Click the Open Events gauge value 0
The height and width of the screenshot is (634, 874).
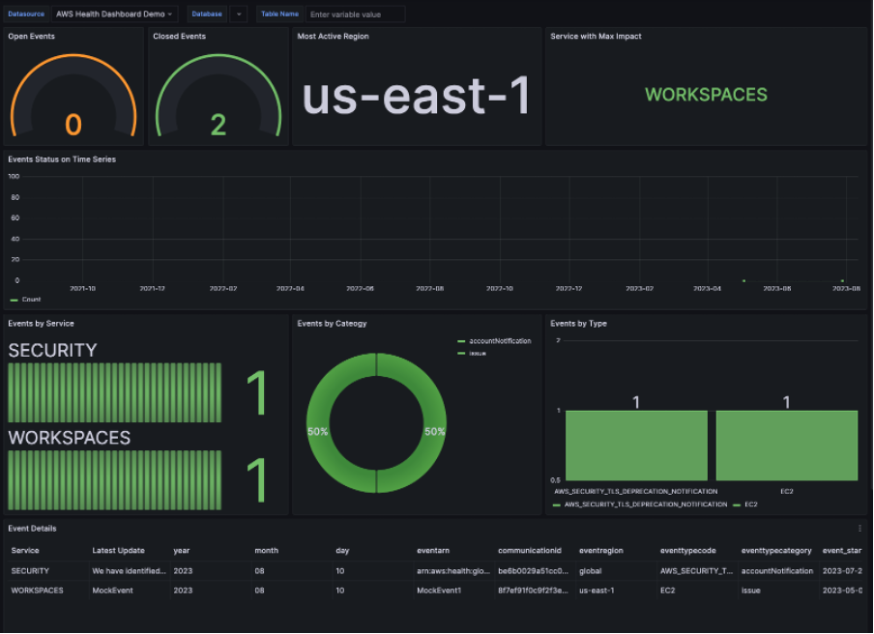click(73, 125)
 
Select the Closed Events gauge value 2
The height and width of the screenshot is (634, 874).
click(218, 125)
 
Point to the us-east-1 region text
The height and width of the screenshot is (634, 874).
click(417, 96)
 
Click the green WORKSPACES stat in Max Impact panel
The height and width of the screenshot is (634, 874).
click(706, 95)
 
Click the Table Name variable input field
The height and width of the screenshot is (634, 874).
click(355, 14)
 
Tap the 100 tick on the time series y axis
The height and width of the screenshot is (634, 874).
click(14, 177)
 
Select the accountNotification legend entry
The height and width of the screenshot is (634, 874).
click(499, 341)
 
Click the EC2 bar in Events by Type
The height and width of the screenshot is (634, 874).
click(786, 446)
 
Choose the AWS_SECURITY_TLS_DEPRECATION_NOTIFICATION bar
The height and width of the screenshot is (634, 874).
click(636, 446)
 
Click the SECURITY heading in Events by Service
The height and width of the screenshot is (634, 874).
click(52, 350)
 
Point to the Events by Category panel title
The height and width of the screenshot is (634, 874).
click(332, 324)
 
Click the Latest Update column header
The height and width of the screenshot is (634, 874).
click(118, 551)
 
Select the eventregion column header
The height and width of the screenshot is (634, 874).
click(601, 551)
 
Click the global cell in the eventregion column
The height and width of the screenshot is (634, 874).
click(590, 571)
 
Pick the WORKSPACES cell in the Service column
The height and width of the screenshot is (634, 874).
click(37, 590)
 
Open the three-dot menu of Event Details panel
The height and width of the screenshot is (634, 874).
click(859, 529)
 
